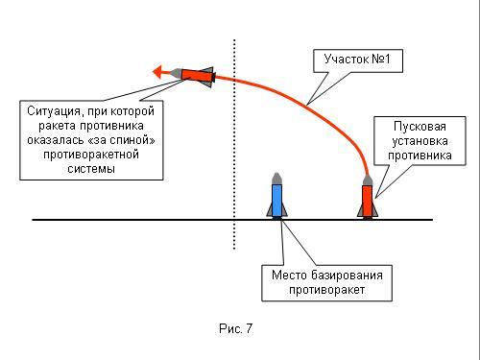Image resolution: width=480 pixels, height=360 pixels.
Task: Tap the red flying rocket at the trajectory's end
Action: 192,77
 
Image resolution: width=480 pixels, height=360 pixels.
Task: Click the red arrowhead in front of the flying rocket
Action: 158,72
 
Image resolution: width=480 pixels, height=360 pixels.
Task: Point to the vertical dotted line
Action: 234,144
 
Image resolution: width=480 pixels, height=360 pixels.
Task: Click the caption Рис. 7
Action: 235,328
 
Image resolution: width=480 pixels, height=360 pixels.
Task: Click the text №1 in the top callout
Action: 381,60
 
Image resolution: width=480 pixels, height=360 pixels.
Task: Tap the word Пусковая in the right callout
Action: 420,127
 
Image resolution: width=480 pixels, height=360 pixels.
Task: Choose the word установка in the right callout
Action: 420,141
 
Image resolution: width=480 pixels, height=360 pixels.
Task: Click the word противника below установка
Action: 420,156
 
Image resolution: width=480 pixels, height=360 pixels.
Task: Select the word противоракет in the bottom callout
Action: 326,290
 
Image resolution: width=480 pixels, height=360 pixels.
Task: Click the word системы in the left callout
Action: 91,169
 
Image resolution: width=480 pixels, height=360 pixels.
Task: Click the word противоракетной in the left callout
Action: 91,155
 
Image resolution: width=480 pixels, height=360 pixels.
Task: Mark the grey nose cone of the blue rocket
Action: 276,179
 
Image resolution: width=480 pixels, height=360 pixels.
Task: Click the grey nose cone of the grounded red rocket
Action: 368,180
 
